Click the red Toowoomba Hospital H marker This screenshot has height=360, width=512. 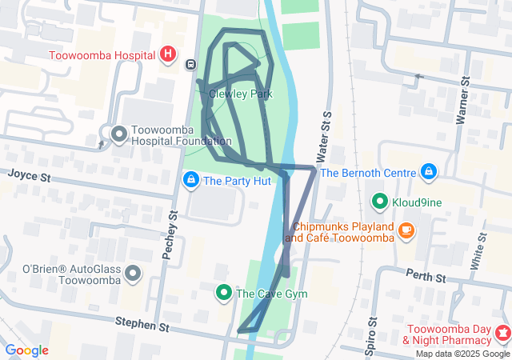pos(168,54)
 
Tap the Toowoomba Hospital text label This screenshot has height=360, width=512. pos(103,56)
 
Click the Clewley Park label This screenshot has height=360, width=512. pos(240,94)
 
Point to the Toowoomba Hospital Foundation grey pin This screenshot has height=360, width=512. pos(119,133)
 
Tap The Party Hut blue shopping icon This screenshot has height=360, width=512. pos(190,180)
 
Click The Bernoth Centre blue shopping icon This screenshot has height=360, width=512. pos(429,172)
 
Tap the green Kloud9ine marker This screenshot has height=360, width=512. pos(379,202)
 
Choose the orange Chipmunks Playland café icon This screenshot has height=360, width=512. pos(406,230)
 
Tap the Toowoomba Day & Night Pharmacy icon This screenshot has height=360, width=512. pos(503,332)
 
